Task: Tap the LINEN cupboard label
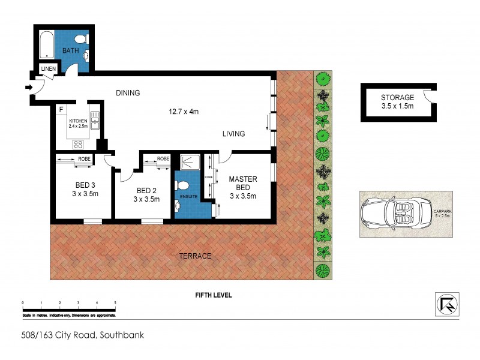(x=49, y=70)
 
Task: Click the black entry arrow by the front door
(x=28, y=88)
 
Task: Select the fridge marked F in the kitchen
(x=61, y=110)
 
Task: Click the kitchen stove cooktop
(x=77, y=144)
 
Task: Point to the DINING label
(x=128, y=93)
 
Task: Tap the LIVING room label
(x=233, y=134)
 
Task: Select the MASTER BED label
(x=243, y=183)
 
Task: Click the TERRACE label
(x=195, y=256)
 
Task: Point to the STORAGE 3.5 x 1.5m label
(x=397, y=101)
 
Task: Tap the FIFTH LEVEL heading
(x=213, y=295)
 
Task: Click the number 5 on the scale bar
(x=115, y=302)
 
